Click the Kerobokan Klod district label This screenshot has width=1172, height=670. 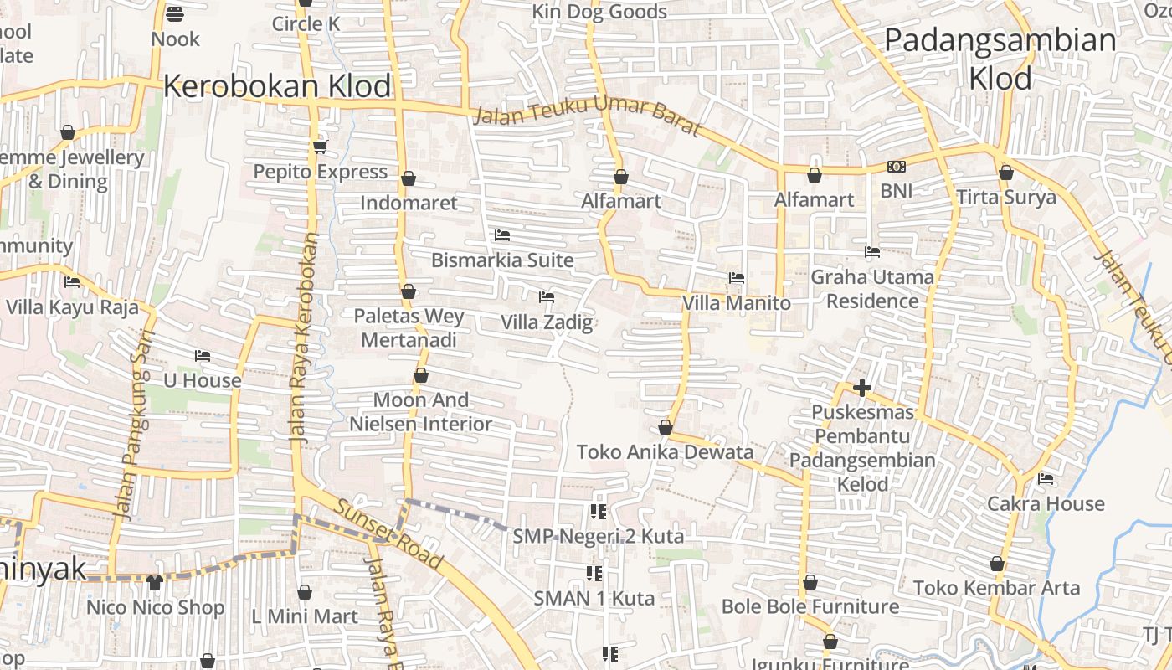point(277,86)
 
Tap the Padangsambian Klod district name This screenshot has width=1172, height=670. point(1000,59)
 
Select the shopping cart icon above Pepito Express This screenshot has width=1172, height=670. point(320,147)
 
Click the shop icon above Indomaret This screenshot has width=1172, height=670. point(409,178)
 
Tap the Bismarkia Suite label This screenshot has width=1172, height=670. point(502,260)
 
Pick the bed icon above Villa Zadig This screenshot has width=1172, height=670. point(547,296)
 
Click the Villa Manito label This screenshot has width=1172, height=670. point(737,302)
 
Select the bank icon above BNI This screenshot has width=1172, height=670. point(897,167)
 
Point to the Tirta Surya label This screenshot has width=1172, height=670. point(1006,198)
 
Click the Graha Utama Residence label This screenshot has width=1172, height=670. point(872,288)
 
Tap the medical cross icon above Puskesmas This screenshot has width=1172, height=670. point(862,388)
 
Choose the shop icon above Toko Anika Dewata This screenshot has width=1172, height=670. point(666,427)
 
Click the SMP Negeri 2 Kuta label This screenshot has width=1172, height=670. point(598,536)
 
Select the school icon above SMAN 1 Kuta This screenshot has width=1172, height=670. point(594,574)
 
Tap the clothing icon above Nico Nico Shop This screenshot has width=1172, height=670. point(155,582)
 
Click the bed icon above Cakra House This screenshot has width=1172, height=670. point(1046,479)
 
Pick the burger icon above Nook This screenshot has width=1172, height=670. point(175,13)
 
